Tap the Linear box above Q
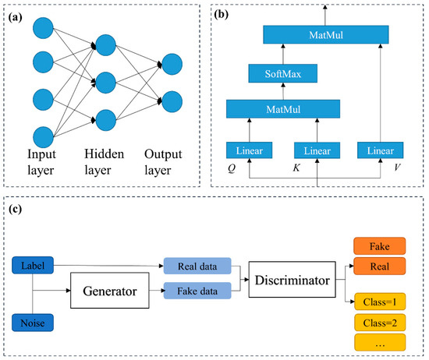click(x=246, y=150)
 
